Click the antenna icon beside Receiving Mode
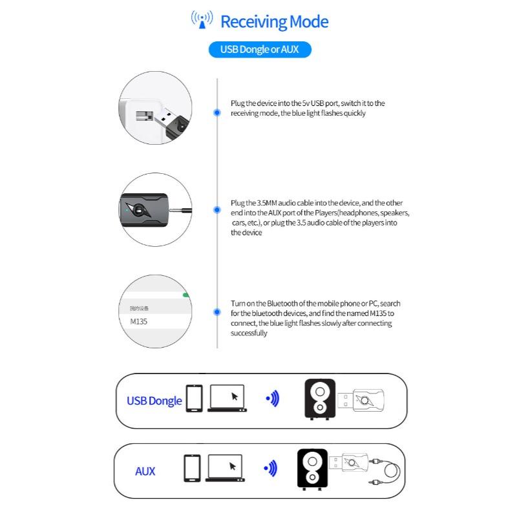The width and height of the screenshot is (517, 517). click(x=202, y=20)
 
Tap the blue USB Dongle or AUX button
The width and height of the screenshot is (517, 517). click(x=260, y=50)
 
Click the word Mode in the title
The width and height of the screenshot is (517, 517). click(x=305, y=22)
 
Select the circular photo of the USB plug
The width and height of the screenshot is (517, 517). click(x=155, y=108)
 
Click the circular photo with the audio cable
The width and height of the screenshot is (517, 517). click(x=155, y=209)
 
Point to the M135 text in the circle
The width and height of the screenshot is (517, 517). click(x=138, y=321)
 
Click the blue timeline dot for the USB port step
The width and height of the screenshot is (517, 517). click(x=217, y=112)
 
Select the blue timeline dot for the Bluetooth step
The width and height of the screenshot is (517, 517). click(x=217, y=312)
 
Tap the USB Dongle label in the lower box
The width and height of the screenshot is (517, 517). click(x=154, y=401)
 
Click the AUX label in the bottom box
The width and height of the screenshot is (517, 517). click(x=145, y=471)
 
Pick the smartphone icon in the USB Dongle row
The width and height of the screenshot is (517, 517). click(x=194, y=398)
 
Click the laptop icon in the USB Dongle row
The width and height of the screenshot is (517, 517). click(x=227, y=399)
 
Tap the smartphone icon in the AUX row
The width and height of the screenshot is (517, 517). click(x=192, y=468)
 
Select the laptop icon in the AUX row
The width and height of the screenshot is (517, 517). click(x=226, y=469)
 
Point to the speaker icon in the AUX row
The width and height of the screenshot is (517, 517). click(x=312, y=469)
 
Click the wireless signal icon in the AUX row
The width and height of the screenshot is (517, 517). click(x=271, y=468)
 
